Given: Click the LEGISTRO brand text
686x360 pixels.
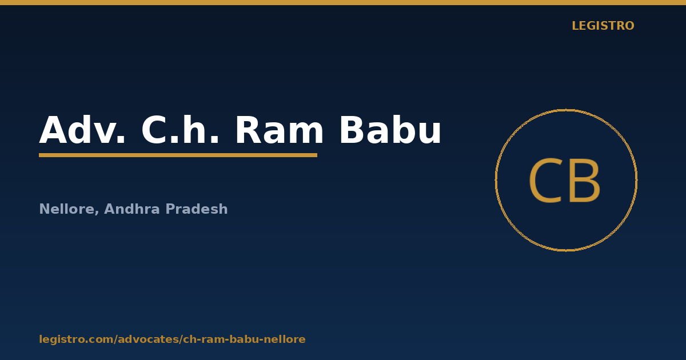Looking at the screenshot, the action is tap(603, 26).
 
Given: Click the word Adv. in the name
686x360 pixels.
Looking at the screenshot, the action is tap(82, 130).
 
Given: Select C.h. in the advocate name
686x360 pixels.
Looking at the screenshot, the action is tap(180, 130).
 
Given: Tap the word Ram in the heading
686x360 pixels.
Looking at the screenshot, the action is tap(279, 130).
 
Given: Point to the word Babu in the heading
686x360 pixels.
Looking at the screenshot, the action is tap(390, 130).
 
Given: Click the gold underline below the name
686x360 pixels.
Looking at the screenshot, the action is tap(178, 155).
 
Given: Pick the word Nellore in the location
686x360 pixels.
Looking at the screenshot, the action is tap(67, 209).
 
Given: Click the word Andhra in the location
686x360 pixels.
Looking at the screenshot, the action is tap(132, 209).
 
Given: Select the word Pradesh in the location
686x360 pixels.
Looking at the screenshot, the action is tap(197, 209).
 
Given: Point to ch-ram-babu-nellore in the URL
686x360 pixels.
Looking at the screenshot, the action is tap(245, 339).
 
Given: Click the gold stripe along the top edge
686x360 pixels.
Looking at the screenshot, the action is tap(343, 2).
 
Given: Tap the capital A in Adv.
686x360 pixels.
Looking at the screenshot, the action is tap(53, 130).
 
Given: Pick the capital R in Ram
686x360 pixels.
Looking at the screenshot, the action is tap(248, 130).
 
